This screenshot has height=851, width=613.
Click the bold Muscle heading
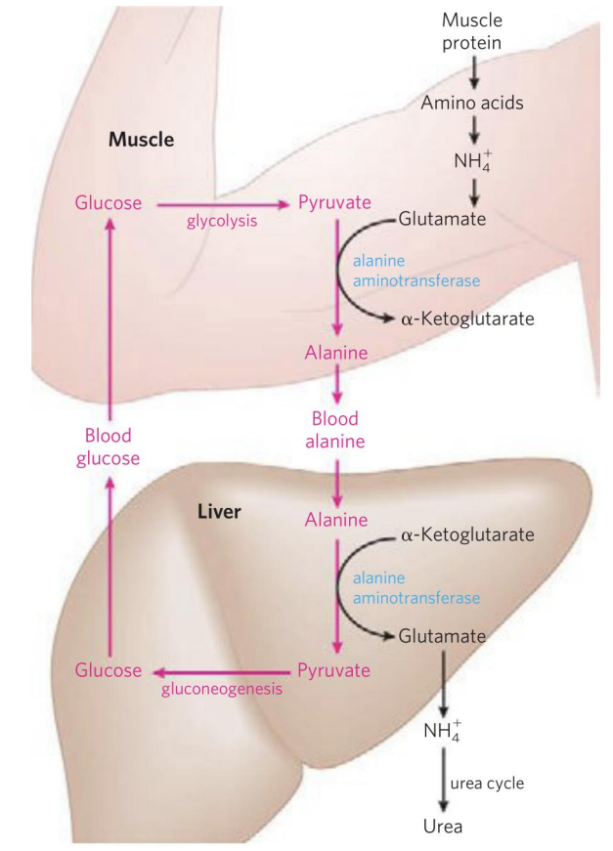(141, 140)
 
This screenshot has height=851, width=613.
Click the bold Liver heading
(220, 511)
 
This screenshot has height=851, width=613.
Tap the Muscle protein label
(473, 32)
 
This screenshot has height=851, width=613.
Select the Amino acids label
(473, 101)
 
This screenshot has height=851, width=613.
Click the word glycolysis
(222, 221)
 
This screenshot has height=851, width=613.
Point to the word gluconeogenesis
(221, 689)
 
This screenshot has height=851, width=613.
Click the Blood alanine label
(336, 430)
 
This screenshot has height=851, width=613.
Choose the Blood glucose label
(109, 447)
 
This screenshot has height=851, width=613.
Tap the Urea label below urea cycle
(443, 827)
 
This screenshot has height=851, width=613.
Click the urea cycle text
(486, 783)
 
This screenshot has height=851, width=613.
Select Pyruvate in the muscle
(334, 203)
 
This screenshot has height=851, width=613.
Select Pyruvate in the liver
(334, 670)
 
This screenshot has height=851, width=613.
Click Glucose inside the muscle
(108, 203)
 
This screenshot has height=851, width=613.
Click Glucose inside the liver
(108, 670)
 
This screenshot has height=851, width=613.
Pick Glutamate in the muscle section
(442, 219)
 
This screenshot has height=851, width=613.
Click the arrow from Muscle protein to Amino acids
(473, 70)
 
